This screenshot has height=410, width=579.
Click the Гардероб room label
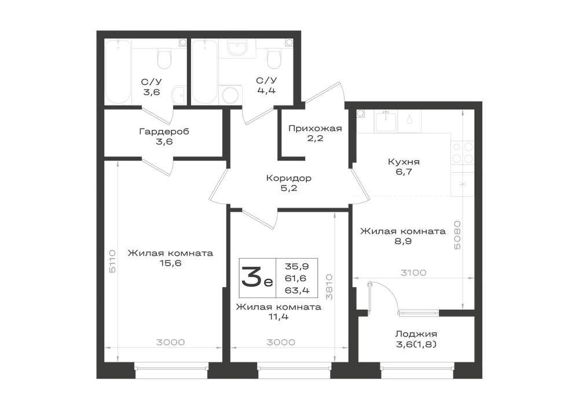164,131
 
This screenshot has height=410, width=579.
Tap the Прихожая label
315,128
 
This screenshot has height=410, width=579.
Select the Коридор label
289,178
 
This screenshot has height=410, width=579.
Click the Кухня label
404,162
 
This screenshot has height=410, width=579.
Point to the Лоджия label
416,334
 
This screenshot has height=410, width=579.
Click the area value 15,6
170,263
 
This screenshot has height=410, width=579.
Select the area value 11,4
278,317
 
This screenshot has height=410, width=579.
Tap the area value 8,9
403,241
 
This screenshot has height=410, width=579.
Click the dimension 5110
113,261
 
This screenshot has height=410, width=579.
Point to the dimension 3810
329,286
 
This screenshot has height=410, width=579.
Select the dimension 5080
457,235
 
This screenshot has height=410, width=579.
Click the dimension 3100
413,273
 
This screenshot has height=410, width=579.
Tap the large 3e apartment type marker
257,278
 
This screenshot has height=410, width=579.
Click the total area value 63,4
297,290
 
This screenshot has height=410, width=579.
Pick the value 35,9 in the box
297,266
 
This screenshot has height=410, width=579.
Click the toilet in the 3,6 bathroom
164,59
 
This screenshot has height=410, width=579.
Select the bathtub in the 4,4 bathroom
204,71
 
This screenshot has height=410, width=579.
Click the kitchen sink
386,122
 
